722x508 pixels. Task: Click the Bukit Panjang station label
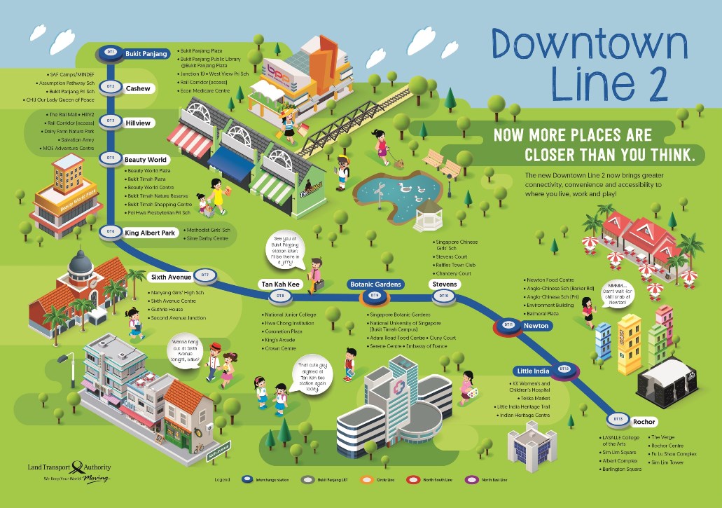(146, 53)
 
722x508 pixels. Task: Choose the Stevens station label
(444, 284)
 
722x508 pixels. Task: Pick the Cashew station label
(137, 88)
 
